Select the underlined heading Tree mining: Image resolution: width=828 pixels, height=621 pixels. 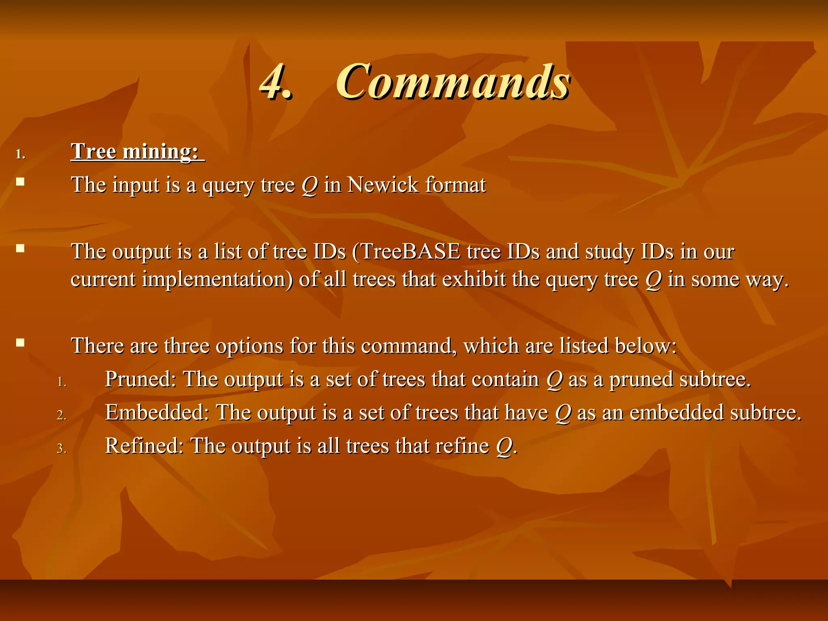pos(137,152)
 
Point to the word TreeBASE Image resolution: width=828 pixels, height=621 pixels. pos(410,251)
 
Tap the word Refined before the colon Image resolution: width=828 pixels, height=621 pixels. pos(142,446)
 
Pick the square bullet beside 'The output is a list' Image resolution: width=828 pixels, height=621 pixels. pos(20,248)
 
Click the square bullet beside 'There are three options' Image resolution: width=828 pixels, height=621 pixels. pos(20,343)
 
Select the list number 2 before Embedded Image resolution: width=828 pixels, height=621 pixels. pos(61,415)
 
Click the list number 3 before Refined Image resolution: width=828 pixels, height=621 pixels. pos(61,449)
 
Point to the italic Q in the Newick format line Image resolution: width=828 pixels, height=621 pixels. pos(310,186)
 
